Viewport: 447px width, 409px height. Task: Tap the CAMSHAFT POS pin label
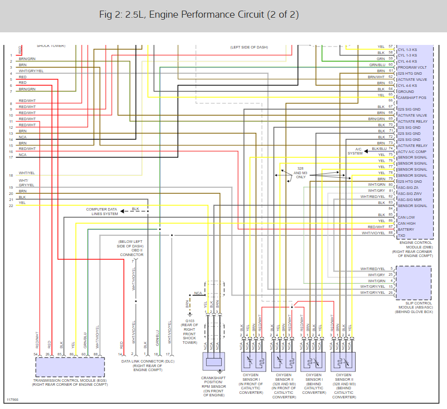(412, 97)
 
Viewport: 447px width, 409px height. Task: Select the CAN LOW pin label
(407, 218)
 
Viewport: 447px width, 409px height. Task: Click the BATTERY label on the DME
(406, 230)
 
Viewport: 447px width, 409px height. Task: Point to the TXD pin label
(402, 236)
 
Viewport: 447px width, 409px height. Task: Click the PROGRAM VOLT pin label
(413, 67)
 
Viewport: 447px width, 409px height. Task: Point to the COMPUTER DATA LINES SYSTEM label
(102, 212)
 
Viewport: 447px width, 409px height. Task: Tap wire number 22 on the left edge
(11, 206)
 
